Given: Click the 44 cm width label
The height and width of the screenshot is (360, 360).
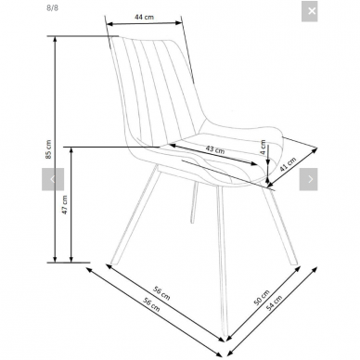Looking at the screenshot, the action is (x=144, y=17).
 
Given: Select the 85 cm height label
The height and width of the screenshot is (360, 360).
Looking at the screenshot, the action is (x=48, y=149).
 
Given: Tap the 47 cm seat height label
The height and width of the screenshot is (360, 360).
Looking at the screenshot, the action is (x=65, y=205).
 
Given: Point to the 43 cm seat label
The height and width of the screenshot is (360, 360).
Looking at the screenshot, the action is (x=215, y=149).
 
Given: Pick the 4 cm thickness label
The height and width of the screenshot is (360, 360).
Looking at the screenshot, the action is (x=263, y=148).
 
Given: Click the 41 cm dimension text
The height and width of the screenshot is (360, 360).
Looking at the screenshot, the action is (x=288, y=164).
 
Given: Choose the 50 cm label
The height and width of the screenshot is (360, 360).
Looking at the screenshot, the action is (x=262, y=298).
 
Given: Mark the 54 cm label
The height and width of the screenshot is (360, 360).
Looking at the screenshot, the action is (x=274, y=302).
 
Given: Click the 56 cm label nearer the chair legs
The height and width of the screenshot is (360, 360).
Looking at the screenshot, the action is (x=161, y=293).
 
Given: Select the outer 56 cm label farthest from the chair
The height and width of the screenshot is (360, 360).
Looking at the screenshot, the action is (x=151, y=304).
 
